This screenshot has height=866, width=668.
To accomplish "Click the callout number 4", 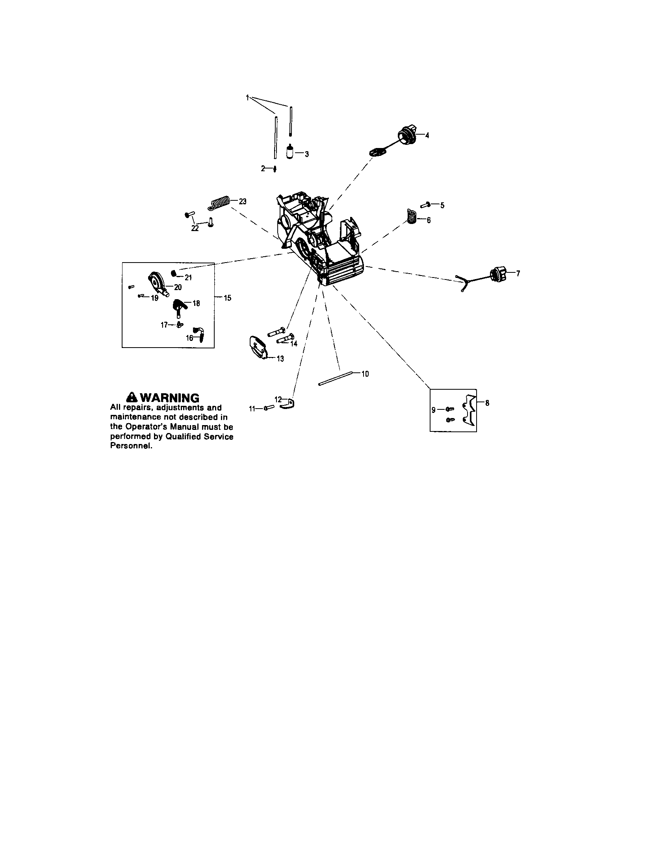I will [427, 135].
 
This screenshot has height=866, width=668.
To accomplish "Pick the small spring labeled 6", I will [412, 216].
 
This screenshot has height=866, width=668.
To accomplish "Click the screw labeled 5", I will [426, 205].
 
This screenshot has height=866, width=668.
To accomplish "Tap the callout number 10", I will [365, 374].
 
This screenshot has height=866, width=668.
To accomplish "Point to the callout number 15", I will [227, 298].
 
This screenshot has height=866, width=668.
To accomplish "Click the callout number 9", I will [433, 410].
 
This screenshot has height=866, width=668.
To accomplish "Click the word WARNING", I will [169, 398].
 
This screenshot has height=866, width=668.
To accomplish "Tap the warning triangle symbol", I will [131, 397].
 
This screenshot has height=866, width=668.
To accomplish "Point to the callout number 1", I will [247, 97].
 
